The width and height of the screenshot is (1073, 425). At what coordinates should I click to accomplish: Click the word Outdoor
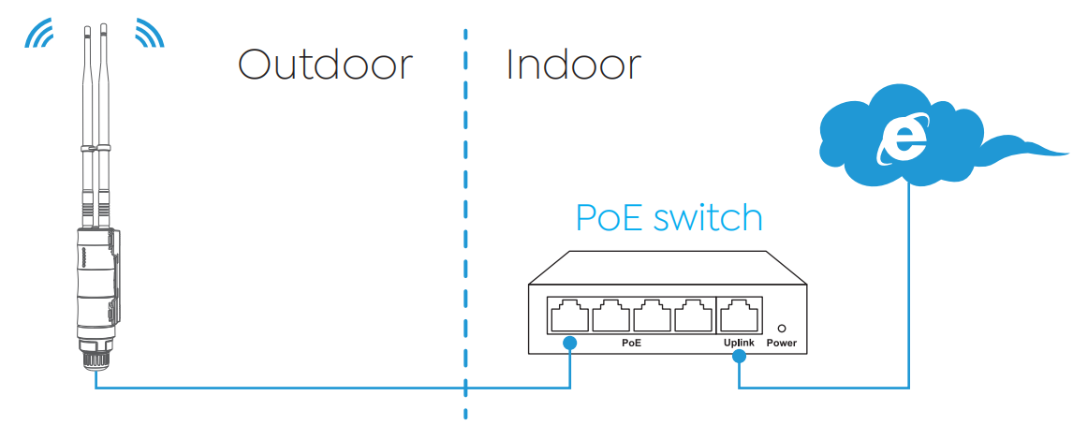click(x=326, y=65)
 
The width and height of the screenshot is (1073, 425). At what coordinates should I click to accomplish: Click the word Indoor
click(x=573, y=65)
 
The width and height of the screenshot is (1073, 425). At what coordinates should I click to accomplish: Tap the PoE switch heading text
click(x=669, y=217)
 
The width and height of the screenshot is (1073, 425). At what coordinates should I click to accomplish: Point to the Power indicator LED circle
click(x=782, y=329)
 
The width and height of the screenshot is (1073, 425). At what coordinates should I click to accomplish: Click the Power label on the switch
click(x=782, y=343)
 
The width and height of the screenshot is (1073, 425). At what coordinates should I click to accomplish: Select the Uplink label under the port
click(x=739, y=343)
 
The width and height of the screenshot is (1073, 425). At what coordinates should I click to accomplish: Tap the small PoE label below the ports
click(x=631, y=343)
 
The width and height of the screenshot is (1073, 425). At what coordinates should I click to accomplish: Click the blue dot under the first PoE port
click(x=569, y=343)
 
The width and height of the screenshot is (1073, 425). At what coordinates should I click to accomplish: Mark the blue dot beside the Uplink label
click(x=739, y=357)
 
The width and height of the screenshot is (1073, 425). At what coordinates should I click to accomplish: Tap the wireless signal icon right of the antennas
click(x=149, y=35)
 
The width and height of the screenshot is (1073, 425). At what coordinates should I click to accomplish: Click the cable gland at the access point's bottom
click(x=96, y=353)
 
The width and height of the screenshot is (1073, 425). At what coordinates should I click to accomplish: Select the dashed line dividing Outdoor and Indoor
click(x=465, y=224)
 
